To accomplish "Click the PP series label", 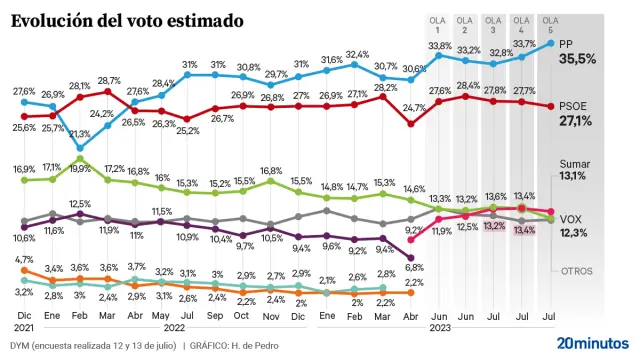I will pyautogui.click(x=565, y=43).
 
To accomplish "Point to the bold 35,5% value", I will pyautogui.click(x=577, y=59).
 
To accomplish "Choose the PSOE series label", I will pyautogui.click(x=573, y=105).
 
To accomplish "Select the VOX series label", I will pyautogui.click(x=571, y=218).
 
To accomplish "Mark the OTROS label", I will pyautogui.click(x=576, y=270).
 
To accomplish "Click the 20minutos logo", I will pyautogui.click(x=592, y=342).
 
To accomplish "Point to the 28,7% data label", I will pyautogui.click(x=108, y=80).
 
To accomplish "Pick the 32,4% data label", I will pyautogui.click(x=357, y=54).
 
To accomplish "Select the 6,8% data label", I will pyautogui.click(x=413, y=267).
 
